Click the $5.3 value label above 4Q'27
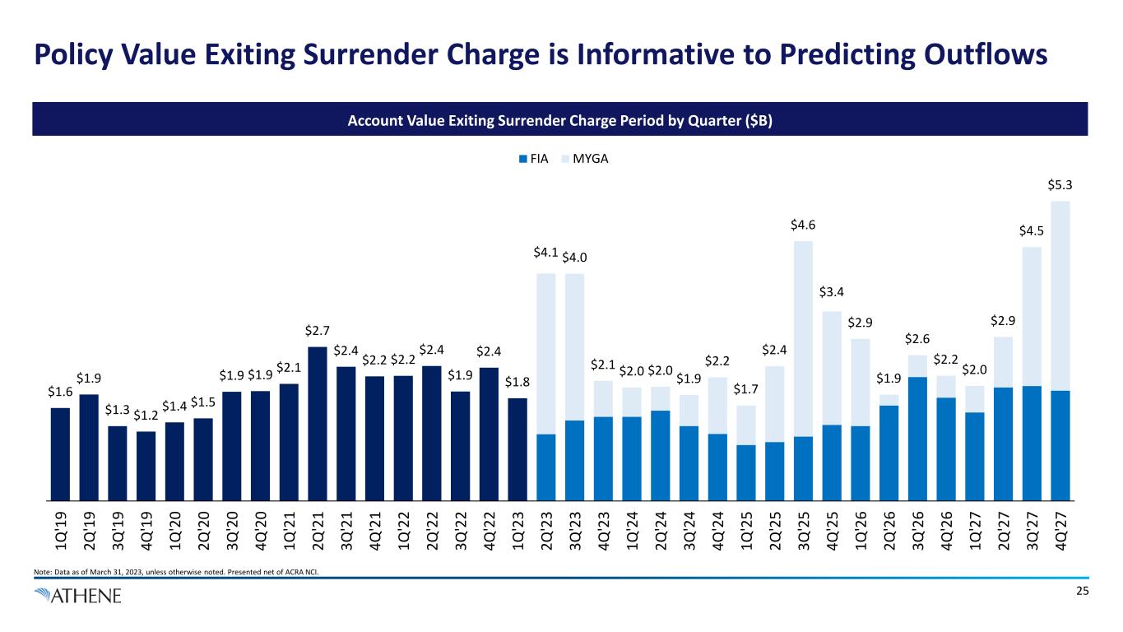click(1060, 187)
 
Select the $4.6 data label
click(803, 225)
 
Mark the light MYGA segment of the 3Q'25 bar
click(803, 337)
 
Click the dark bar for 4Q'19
click(146, 465)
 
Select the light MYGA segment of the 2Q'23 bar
click(546, 354)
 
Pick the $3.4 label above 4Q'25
click(832, 292)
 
